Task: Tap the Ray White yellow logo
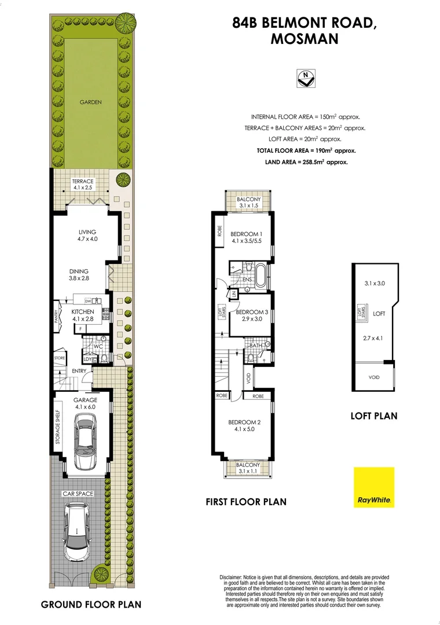[x=374, y=487]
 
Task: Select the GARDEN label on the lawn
[x=91, y=102]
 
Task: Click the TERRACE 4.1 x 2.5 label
[x=82, y=185]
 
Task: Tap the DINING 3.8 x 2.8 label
[x=79, y=275]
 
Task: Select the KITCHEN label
[x=82, y=315]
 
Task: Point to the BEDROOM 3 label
[x=251, y=315]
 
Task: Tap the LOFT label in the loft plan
[x=379, y=313]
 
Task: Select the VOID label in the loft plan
[x=374, y=377]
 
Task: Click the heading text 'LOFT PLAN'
[x=374, y=416]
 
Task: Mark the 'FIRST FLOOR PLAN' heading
[x=246, y=502]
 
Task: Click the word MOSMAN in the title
[x=305, y=39]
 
